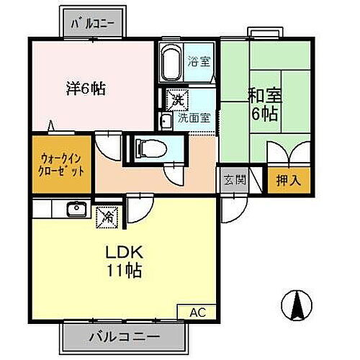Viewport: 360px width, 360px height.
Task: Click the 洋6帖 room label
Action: pos(86,89)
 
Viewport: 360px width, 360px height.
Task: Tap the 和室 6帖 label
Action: pos(264,103)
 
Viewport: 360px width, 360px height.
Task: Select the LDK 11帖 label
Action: pos(124,262)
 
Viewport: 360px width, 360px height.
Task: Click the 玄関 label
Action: pos(230,180)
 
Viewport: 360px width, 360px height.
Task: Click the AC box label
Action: pos(197,312)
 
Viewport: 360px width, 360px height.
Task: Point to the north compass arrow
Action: pos(296,306)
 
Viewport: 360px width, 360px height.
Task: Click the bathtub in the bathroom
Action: pos(170,63)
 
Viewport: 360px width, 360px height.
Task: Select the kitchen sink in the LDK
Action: pos(75,210)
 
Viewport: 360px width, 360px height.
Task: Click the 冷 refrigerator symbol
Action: pos(104,215)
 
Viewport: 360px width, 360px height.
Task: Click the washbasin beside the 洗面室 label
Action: pos(165,120)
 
